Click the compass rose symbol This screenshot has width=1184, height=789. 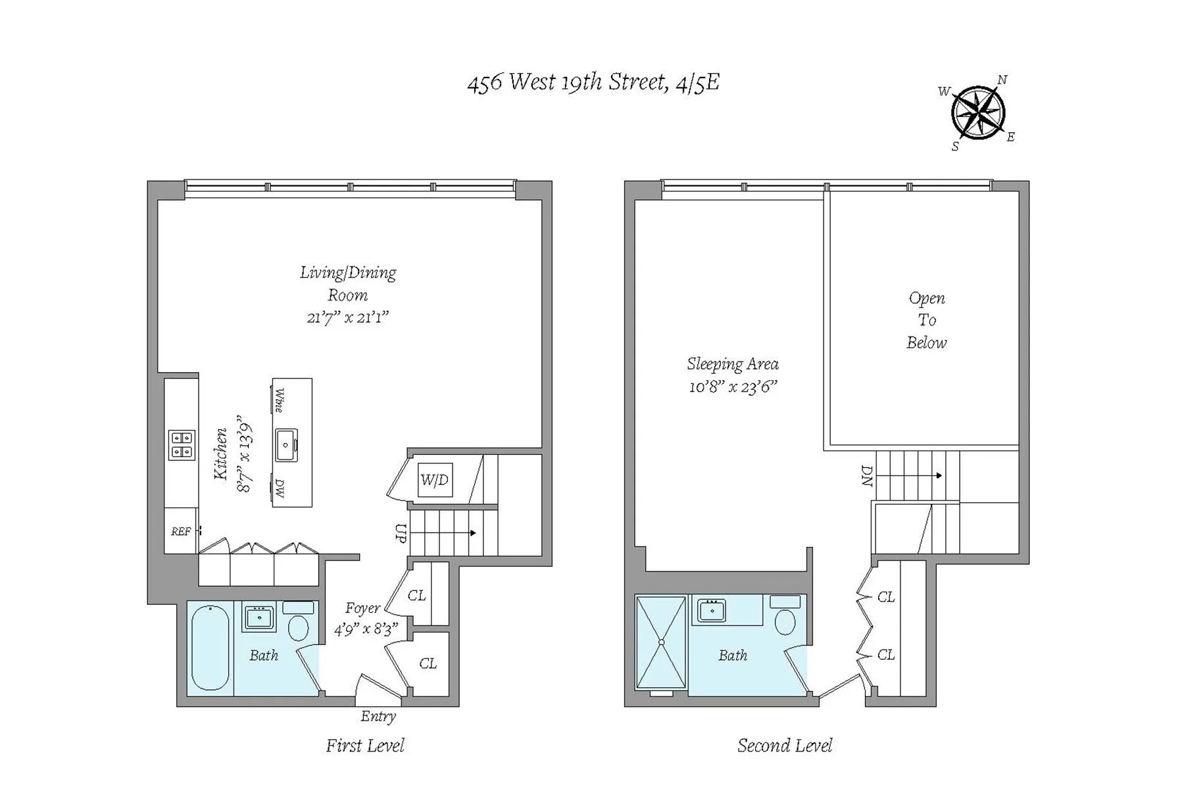(978, 113)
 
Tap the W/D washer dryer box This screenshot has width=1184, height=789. (435, 480)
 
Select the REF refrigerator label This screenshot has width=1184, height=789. (181, 531)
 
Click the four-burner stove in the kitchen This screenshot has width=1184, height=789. (182, 444)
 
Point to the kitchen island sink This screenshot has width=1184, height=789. (286, 445)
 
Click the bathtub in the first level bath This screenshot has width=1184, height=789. (210, 648)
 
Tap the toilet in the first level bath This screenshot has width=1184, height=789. (299, 628)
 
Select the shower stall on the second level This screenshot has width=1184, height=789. (661, 642)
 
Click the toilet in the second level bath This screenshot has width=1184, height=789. (785, 622)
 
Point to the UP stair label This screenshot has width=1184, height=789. (400, 533)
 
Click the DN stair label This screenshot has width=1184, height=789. (867, 475)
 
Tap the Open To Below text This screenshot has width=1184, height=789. (926, 320)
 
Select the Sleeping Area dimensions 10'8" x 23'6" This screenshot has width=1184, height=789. (733, 387)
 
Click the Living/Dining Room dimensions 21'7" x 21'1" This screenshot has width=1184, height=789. (348, 318)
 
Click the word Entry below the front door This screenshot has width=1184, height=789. (378, 717)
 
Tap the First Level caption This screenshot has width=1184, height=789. (365, 746)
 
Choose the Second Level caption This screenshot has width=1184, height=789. (784, 746)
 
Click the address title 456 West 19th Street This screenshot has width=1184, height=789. (593, 83)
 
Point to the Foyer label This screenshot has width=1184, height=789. (362, 609)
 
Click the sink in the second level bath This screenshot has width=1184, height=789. (711, 611)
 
